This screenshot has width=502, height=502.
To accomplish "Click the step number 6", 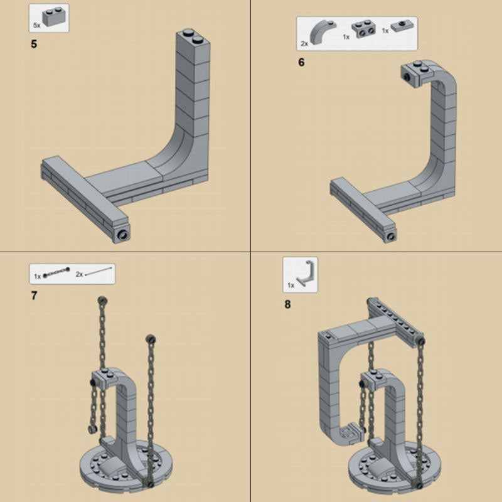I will (x=301, y=63).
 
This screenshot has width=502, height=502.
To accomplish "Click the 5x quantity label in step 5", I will (x=36, y=24).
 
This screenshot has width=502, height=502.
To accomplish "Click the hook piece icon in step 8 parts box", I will (x=307, y=273).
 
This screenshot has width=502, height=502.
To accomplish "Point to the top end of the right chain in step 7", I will (x=151, y=339).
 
